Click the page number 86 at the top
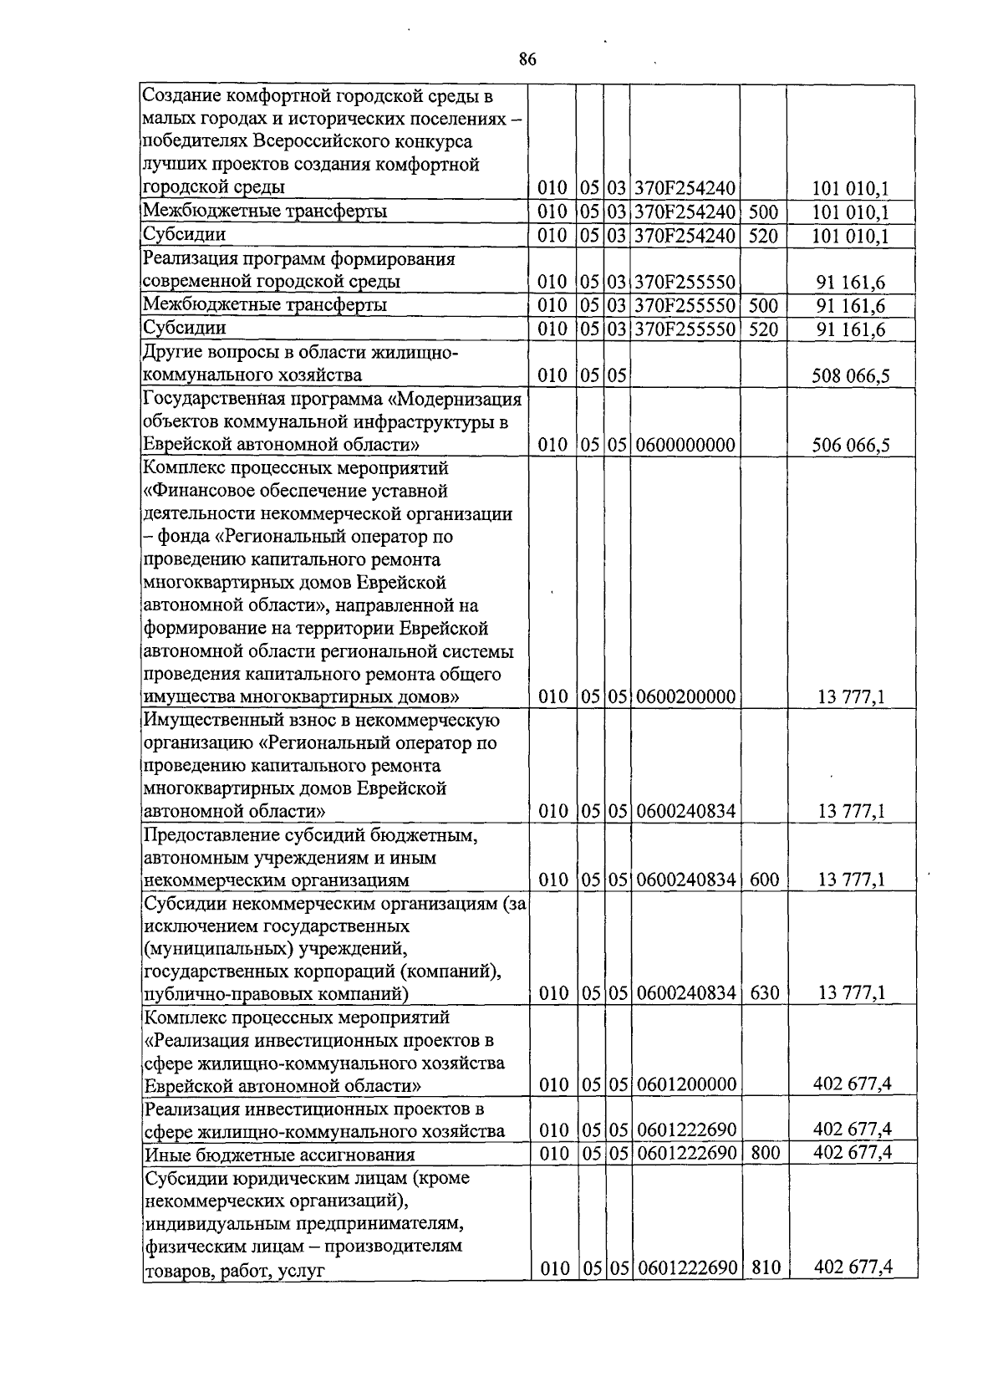[527, 59]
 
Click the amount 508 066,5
[850, 376]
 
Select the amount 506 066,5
[850, 446]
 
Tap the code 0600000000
[685, 446]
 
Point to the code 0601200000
[685, 1085]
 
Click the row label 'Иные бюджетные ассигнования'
[279, 1155]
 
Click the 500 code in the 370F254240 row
[763, 212]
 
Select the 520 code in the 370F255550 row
[763, 329]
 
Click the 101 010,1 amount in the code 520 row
[850, 236]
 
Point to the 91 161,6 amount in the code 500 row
[850, 306]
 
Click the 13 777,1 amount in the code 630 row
[851, 993]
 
